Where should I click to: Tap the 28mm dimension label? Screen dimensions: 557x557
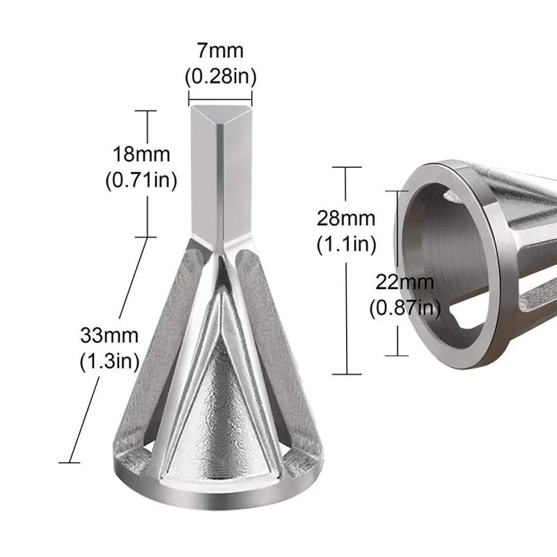346,218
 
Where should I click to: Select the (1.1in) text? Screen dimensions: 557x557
346,244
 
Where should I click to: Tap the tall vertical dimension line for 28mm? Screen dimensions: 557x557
346,306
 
